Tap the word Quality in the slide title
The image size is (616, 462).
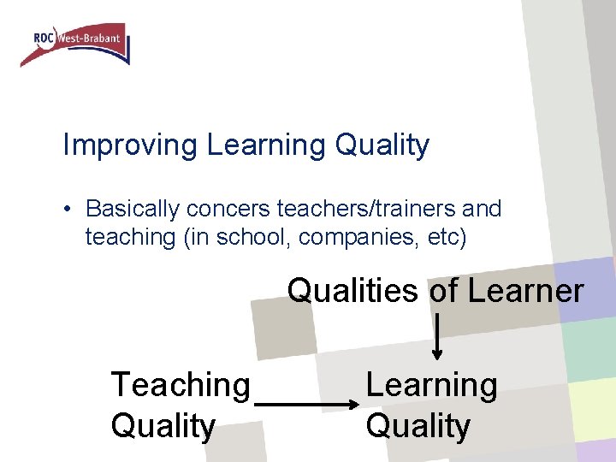coord(382,145)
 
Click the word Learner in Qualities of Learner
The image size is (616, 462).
coord(524,291)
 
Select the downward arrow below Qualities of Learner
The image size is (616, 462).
coord(437,336)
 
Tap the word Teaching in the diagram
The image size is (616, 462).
coord(181,386)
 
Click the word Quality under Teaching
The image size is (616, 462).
coord(163,426)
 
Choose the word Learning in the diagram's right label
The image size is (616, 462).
coord(431,386)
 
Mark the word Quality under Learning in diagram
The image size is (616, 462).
coord(418,426)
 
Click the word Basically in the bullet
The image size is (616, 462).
coord(133,209)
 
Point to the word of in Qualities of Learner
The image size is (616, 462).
coord(443,291)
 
